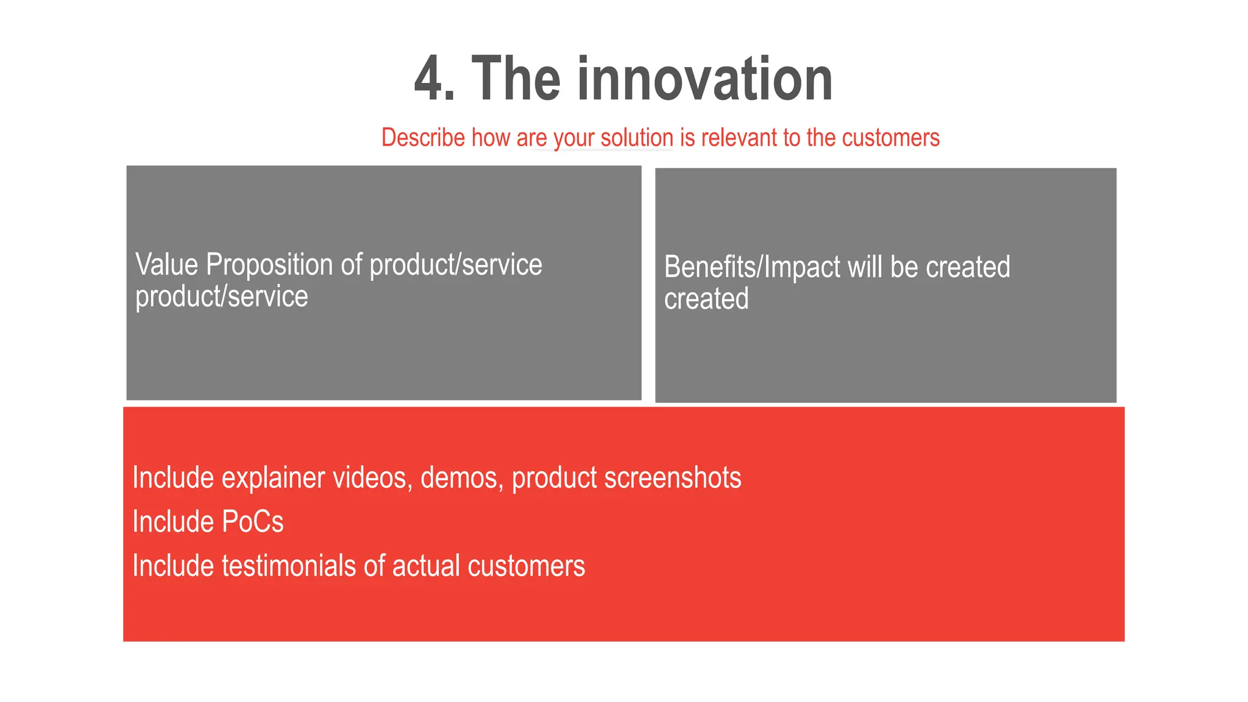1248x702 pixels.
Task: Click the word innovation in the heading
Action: click(705, 79)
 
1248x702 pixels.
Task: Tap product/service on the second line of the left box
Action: click(222, 297)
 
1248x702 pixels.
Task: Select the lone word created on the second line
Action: click(706, 299)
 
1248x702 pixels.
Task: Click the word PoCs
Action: click(253, 522)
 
